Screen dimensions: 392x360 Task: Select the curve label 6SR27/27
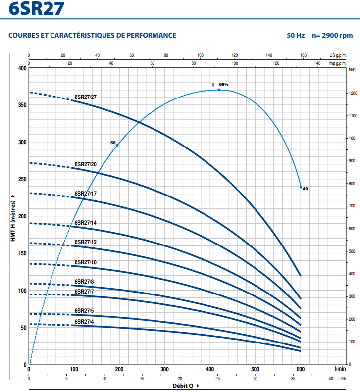click(x=86, y=97)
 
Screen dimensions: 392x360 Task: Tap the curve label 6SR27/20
click(x=86, y=164)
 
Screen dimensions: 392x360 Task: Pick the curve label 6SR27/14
click(x=86, y=223)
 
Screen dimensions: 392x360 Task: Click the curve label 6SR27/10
click(x=86, y=262)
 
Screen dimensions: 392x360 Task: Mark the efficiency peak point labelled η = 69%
click(x=219, y=90)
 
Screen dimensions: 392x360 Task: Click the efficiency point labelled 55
click(x=117, y=145)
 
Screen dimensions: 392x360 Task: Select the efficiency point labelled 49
click(x=300, y=187)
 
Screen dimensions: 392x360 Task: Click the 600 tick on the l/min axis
click(x=300, y=369)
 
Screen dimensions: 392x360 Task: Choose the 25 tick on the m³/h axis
click(x=217, y=379)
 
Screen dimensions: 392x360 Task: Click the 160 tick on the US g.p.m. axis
click(x=303, y=55)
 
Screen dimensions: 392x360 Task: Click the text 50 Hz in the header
click(x=296, y=36)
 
